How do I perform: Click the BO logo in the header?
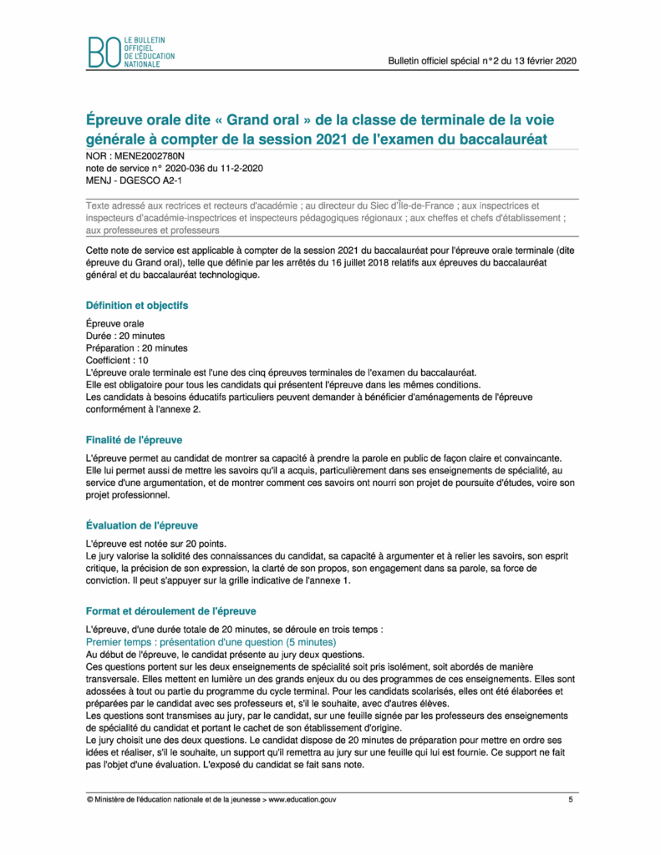pyautogui.click(x=104, y=53)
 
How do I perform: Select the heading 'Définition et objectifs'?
pyautogui.click(x=137, y=306)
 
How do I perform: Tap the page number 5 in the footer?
pyautogui.click(x=571, y=800)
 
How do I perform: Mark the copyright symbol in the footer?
pyautogui.click(x=89, y=800)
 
